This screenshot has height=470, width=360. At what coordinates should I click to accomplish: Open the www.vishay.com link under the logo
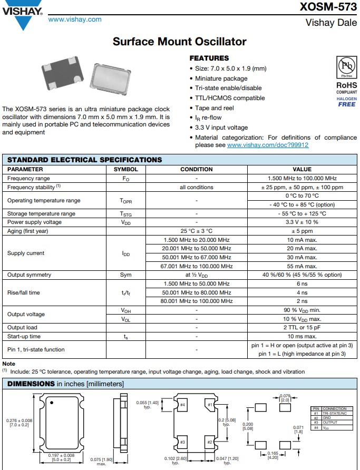[x=74, y=19]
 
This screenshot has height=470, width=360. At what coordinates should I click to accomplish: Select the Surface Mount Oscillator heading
[x=180, y=42]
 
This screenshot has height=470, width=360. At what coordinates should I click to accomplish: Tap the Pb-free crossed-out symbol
[x=346, y=67]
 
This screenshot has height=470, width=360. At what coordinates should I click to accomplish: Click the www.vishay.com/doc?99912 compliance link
[x=267, y=145]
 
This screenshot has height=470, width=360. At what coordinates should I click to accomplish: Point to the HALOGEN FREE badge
[x=346, y=102]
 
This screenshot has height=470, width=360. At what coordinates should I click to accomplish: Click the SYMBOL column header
[x=125, y=170]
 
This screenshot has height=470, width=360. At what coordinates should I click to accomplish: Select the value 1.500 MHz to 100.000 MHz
[x=301, y=179]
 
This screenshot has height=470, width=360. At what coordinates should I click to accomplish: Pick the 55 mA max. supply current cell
[x=301, y=266]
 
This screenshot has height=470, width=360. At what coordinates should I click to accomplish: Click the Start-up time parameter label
[x=24, y=336]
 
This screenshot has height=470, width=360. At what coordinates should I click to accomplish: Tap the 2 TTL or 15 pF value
[x=301, y=327]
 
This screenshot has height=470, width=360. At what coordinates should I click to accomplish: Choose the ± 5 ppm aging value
[x=301, y=231]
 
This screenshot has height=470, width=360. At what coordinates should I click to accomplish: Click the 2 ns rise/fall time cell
[x=301, y=301]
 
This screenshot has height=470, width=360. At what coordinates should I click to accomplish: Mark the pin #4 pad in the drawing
[x=182, y=405]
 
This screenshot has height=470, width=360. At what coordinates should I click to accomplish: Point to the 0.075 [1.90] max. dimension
[x=101, y=461]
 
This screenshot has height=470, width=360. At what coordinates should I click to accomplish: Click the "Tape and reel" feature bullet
[x=214, y=108]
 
